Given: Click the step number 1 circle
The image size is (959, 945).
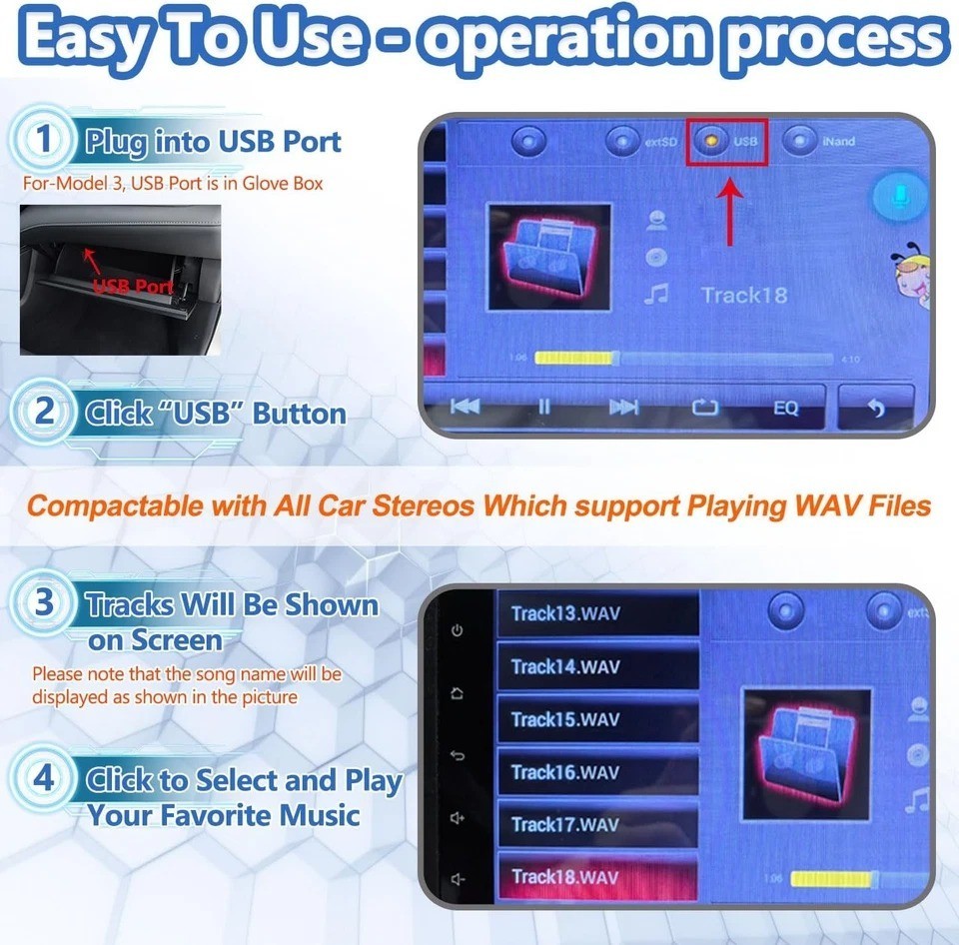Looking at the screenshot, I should coord(43,140).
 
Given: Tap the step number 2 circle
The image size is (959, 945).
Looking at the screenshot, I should coord(44,413).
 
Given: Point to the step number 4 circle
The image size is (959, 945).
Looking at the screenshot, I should coord(44,779).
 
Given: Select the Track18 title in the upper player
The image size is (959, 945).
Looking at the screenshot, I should coord(743,295).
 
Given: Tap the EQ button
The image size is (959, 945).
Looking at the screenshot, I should coord(785,408).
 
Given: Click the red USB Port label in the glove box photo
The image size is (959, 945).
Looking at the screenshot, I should coord(132,287).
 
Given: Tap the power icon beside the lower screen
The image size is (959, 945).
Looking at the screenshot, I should coord(458,631).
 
